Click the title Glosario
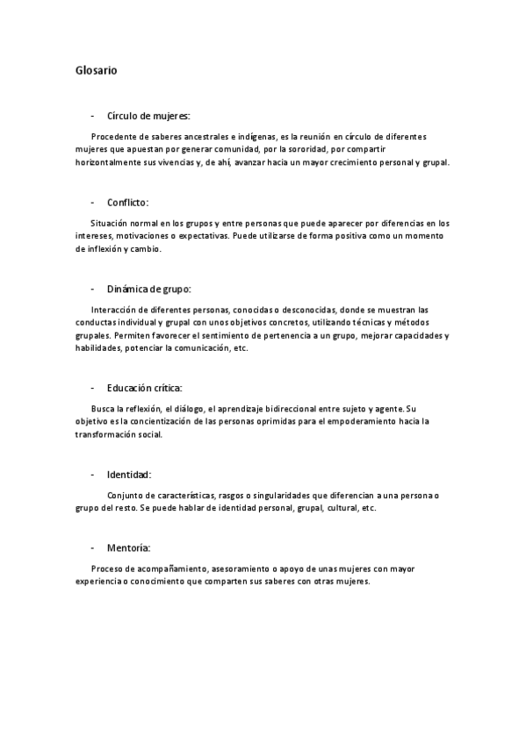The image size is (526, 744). [97, 69]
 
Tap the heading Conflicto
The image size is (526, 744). [128, 202]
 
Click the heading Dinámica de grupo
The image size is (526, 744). [148, 288]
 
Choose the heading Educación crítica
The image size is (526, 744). [144, 388]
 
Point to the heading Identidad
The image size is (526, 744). [129, 474]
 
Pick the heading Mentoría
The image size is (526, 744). [128, 547]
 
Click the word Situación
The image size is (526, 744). [111, 224]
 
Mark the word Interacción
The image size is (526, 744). [116, 310]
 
